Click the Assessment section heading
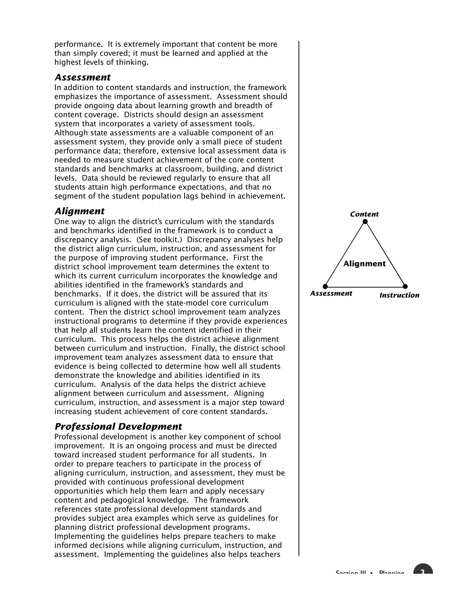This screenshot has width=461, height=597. (x=82, y=77)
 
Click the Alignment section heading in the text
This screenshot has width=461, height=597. (x=79, y=211)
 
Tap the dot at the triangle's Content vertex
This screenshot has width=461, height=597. (x=365, y=221)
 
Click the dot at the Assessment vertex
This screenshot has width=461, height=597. (x=325, y=287)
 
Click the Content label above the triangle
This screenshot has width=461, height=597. (x=364, y=214)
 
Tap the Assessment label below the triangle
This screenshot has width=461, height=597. (x=331, y=293)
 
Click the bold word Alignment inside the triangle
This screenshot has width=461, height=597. (x=364, y=264)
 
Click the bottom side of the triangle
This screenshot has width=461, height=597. (x=365, y=287)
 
